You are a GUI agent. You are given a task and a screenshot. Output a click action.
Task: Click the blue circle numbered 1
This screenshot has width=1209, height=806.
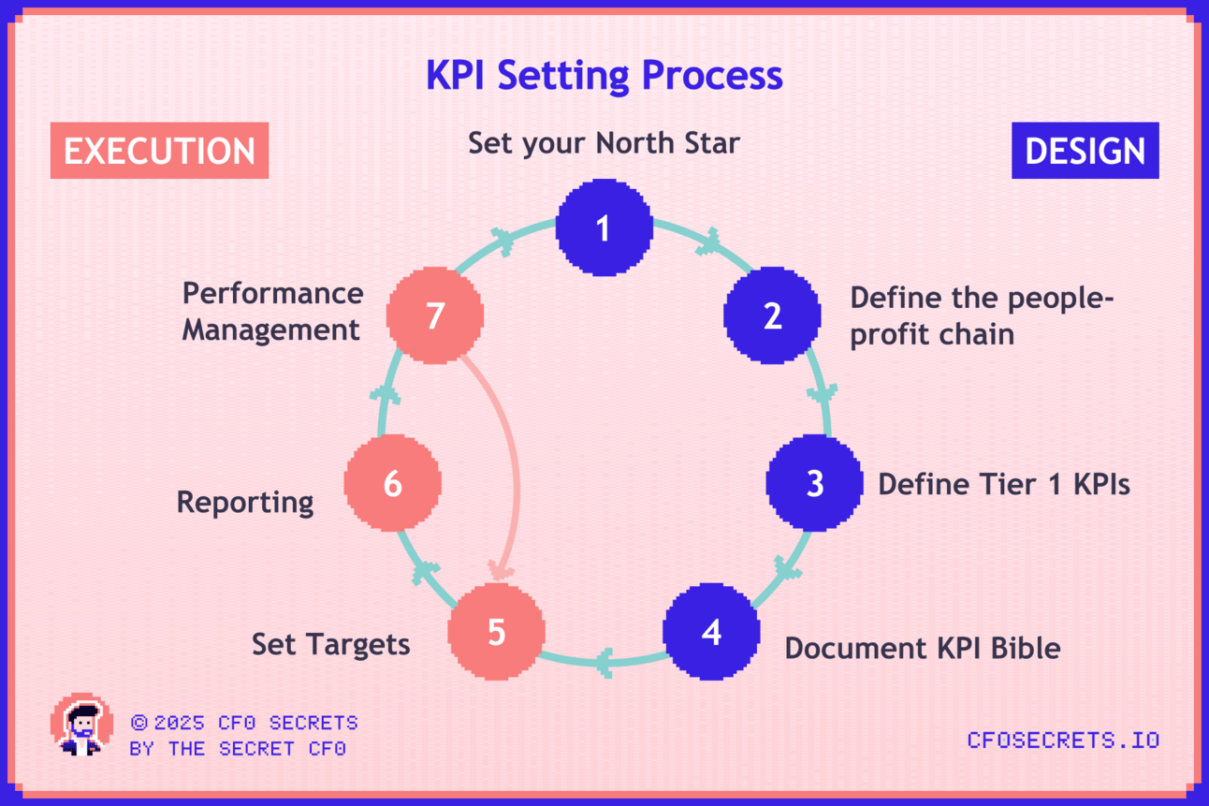click(604, 227)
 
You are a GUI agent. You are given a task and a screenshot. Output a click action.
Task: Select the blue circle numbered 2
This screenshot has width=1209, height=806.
click(772, 315)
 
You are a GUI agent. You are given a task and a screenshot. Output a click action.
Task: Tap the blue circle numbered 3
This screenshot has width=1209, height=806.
click(814, 483)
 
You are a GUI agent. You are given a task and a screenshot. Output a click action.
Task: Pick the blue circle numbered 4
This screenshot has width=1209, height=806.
click(711, 632)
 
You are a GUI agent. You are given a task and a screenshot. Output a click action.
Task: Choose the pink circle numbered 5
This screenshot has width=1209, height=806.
click(497, 632)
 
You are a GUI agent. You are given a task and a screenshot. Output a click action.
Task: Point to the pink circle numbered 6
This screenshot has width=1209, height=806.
click(393, 483)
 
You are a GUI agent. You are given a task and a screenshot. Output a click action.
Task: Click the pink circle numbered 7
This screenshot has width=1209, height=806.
click(435, 315)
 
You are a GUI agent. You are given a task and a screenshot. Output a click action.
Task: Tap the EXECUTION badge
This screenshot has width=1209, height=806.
click(160, 150)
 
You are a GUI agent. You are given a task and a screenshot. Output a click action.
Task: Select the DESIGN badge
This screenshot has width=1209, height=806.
click(1085, 150)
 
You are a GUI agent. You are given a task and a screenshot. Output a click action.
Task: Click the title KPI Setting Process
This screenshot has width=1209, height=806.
click(604, 76)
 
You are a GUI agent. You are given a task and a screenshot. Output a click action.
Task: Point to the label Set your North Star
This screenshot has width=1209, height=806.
click(604, 143)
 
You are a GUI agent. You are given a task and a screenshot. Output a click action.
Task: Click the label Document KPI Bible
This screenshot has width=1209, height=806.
click(923, 648)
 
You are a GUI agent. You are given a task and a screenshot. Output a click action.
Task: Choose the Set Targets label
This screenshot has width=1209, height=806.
click(331, 645)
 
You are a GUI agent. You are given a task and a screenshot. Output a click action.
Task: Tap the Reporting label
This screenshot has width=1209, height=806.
click(245, 503)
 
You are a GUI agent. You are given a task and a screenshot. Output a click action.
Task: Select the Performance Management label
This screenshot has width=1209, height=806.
click(272, 312)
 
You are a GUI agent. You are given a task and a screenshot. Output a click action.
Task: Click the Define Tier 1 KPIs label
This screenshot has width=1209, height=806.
click(1004, 484)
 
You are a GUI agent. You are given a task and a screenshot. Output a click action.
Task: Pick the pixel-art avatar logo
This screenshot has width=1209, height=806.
click(82, 725)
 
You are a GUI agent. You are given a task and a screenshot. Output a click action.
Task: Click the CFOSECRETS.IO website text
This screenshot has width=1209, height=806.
click(1063, 740)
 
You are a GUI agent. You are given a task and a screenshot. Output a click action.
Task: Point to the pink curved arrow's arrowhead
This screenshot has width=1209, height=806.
click(500, 570)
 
